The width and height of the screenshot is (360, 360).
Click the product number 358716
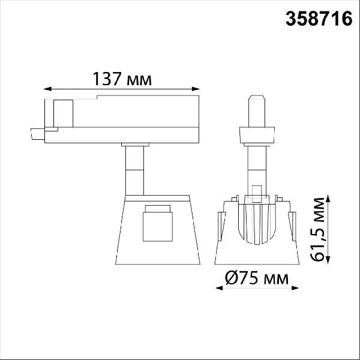[319, 19]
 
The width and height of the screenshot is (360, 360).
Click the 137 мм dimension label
[122, 79]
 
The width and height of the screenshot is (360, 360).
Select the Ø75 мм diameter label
[257, 278]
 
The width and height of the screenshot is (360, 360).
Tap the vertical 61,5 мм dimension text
[317, 229]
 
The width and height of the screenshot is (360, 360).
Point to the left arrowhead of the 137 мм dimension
[47, 89]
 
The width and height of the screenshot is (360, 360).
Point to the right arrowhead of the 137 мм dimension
[196, 89]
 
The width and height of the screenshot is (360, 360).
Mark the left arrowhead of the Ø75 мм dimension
[219, 288]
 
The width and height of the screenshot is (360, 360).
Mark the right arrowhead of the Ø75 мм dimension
[295, 288]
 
